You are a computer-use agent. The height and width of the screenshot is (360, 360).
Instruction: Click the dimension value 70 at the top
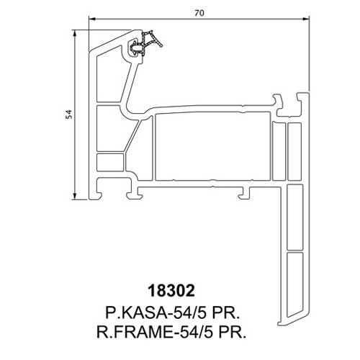coord(199,13)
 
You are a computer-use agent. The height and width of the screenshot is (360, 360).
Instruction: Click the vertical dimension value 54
coord(69,114)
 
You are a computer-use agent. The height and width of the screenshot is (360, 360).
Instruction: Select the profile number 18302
coord(171,291)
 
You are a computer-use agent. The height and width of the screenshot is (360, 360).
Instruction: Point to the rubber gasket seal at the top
coord(145,44)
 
